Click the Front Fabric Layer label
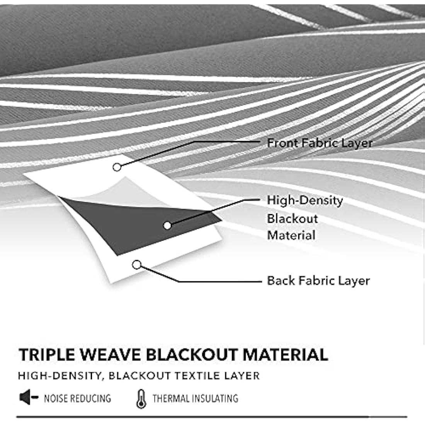click(320, 143)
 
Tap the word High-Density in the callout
click(305, 200)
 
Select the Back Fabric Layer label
click(318, 280)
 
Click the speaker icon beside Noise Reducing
click(28, 398)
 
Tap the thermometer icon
click(141, 399)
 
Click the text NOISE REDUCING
click(77, 398)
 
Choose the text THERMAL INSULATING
click(195, 398)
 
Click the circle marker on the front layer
click(117, 167)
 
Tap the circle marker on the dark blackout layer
click(167, 226)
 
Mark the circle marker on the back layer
click(136, 265)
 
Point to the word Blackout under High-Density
click(292, 218)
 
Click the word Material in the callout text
click(291, 235)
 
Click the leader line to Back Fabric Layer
click(216, 281)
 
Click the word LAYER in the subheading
click(245, 376)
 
